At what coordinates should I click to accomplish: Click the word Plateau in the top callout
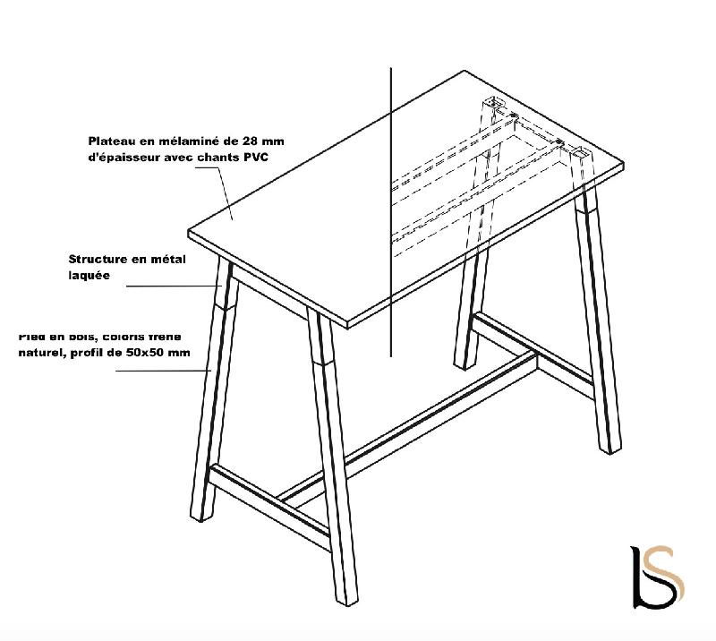pyautogui.click(x=110, y=141)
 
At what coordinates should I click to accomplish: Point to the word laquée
pyautogui.click(x=89, y=276)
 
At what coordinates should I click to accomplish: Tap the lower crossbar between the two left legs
pyautogui.click(x=268, y=504)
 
